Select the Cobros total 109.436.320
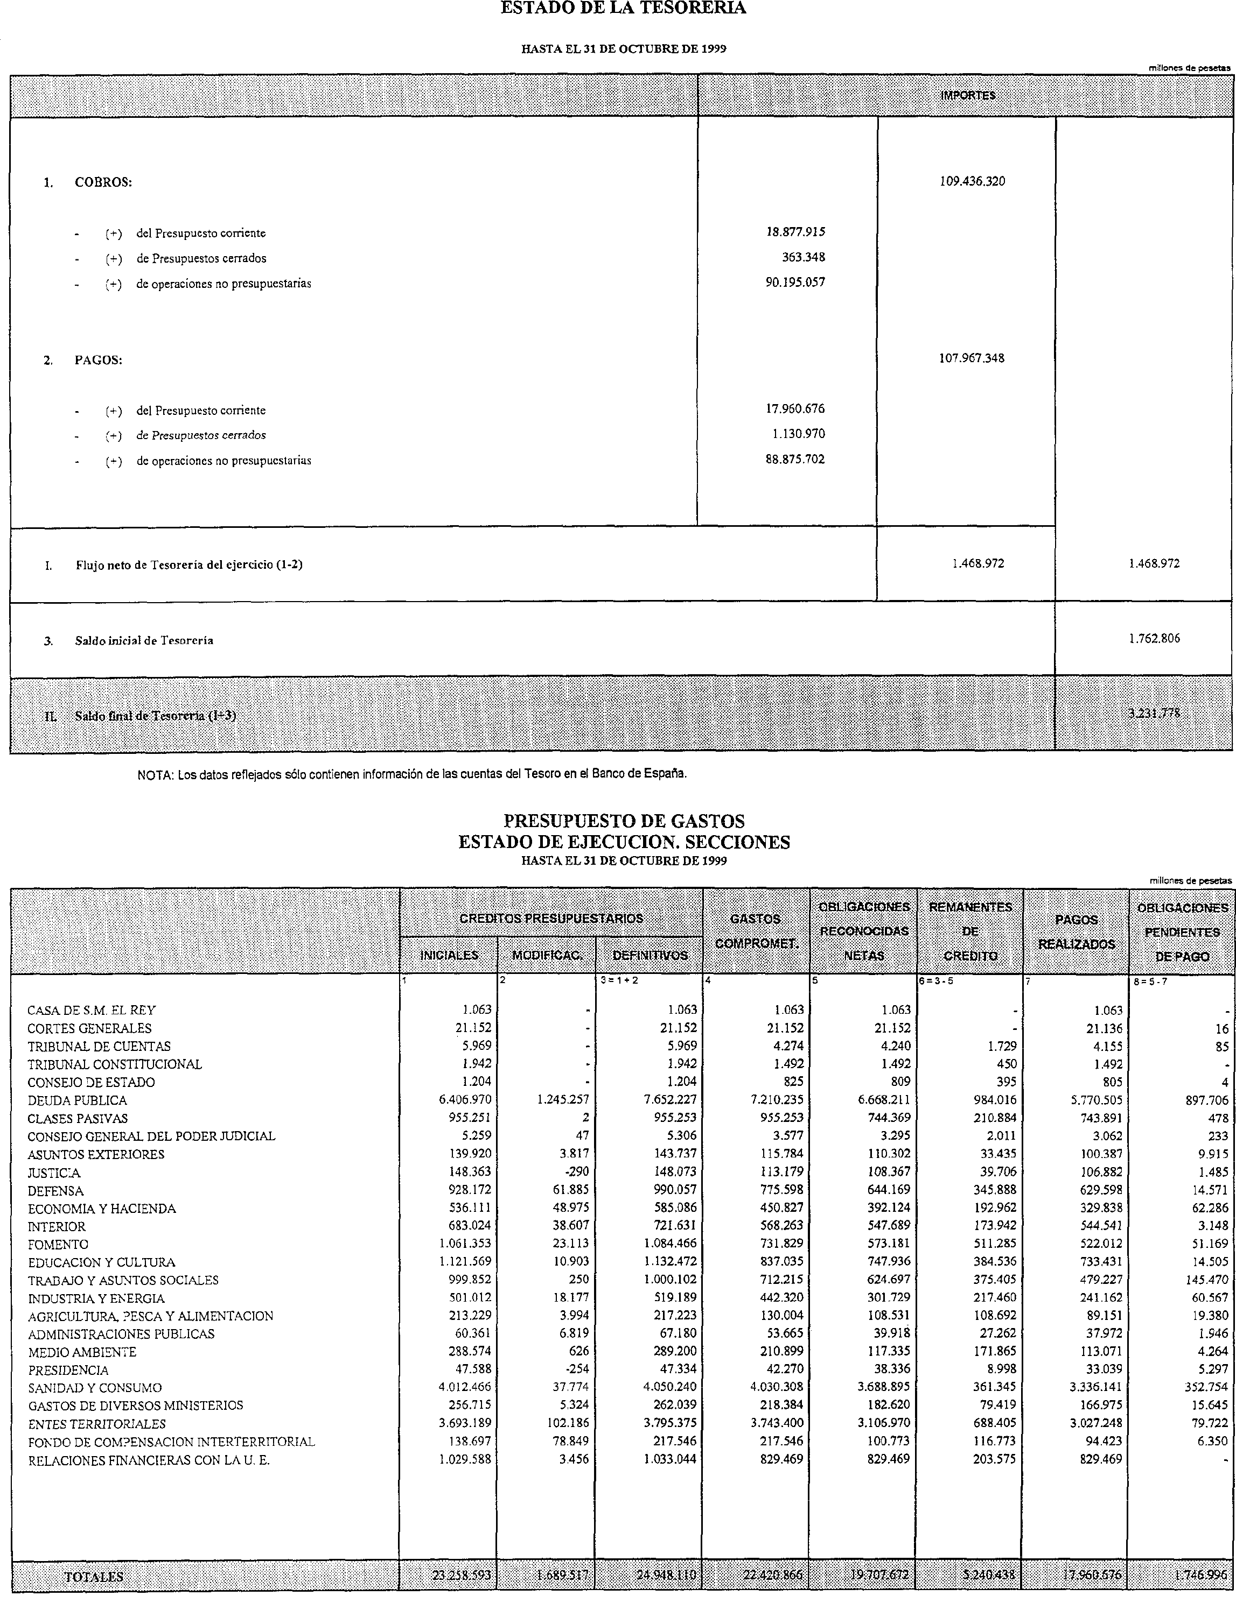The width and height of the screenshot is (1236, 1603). (x=972, y=181)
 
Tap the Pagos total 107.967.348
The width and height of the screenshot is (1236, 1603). (x=972, y=359)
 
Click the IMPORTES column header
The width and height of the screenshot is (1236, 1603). (x=967, y=95)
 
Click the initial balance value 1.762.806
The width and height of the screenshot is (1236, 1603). (x=1154, y=639)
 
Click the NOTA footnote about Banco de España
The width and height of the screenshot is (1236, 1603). (x=412, y=774)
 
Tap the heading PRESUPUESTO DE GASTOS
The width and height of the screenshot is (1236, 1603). (x=624, y=821)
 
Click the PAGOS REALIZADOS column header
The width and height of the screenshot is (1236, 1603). (x=1076, y=931)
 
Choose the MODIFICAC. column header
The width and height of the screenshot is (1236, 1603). (x=547, y=955)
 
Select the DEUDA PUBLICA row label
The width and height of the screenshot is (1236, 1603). (x=77, y=1100)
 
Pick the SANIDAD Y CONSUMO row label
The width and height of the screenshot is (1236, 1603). (x=95, y=1388)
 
